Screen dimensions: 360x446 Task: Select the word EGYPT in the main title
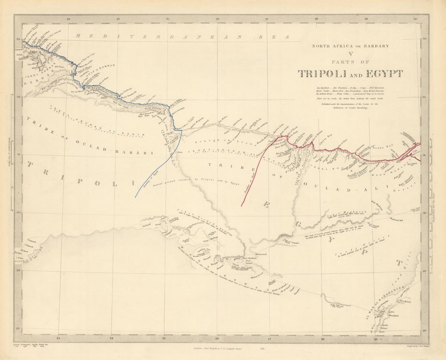pos(383,74)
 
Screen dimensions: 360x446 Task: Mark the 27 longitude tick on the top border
pos(267,19)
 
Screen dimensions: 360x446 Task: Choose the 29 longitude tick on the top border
pos(366,19)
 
